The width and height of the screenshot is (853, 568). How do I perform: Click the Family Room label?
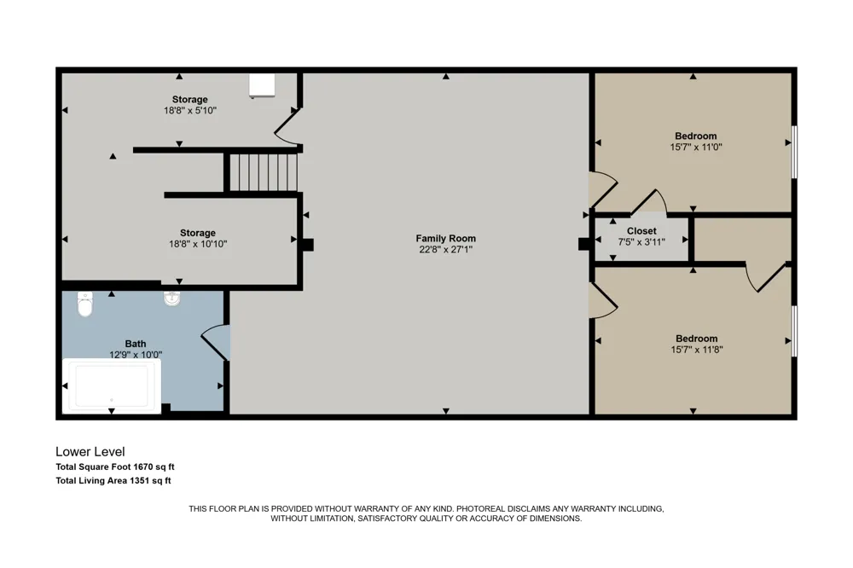click(x=445, y=238)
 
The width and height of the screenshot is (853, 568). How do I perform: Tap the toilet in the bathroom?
click(x=84, y=304)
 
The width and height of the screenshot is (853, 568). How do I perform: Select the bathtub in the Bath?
click(x=112, y=385)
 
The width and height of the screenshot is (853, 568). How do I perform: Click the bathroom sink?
click(x=172, y=298)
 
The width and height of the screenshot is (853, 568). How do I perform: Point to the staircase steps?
click(x=264, y=172)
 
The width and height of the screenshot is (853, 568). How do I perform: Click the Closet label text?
click(x=641, y=231)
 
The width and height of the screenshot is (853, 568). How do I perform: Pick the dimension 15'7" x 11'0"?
click(x=696, y=147)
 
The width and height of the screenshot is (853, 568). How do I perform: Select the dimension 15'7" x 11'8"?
click(x=696, y=350)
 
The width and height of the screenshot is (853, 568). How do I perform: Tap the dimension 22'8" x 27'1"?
click(x=445, y=249)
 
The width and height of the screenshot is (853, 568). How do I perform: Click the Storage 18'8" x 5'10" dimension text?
click(x=190, y=111)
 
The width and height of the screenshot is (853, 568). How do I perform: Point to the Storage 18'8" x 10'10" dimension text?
click(x=198, y=244)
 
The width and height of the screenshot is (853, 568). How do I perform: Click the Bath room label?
click(x=136, y=344)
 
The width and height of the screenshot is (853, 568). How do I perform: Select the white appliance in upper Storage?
click(x=262, y=86)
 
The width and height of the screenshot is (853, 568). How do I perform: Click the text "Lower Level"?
click(x=90, y=451)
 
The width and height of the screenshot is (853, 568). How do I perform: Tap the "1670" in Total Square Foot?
click(x=143, y=467)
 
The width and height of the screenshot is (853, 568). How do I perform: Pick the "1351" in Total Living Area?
click(x=140, y=480)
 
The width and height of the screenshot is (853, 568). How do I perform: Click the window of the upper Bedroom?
click(x=794, y=152)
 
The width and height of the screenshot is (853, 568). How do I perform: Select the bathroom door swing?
click(x=216, y=343)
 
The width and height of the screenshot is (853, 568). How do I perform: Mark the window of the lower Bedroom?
click(x=794, y=331)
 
